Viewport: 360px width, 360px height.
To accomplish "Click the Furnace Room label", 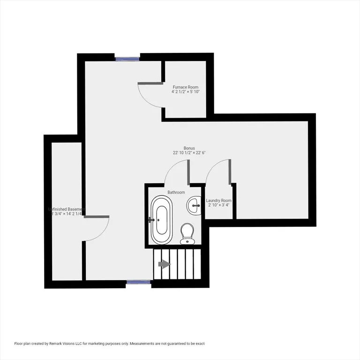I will (x=185, y=87).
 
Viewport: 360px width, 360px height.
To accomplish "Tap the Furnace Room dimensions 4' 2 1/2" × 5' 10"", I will (x=185, y=92).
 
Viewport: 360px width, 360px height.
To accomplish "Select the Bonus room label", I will (x=189, y=148).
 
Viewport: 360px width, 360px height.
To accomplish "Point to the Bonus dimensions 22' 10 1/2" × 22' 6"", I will (x=189, y=153).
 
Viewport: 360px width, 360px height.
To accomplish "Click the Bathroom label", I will (x=176, y=192).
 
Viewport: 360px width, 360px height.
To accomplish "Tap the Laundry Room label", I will (x=219, y=201).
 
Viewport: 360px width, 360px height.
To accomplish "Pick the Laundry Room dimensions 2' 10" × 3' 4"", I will (x=219, y=205).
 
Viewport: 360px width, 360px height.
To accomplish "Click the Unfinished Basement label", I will (x=67, y=209).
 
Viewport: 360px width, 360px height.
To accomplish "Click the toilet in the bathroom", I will (x=187, y=233).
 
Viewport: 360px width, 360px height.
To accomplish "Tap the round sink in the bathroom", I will (x=194, y=204).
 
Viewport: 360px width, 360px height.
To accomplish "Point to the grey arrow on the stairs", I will (x=164, y=264).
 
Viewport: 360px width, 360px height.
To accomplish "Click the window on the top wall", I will (x=127, y=59).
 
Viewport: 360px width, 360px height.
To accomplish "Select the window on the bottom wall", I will (x=138, y=282).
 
